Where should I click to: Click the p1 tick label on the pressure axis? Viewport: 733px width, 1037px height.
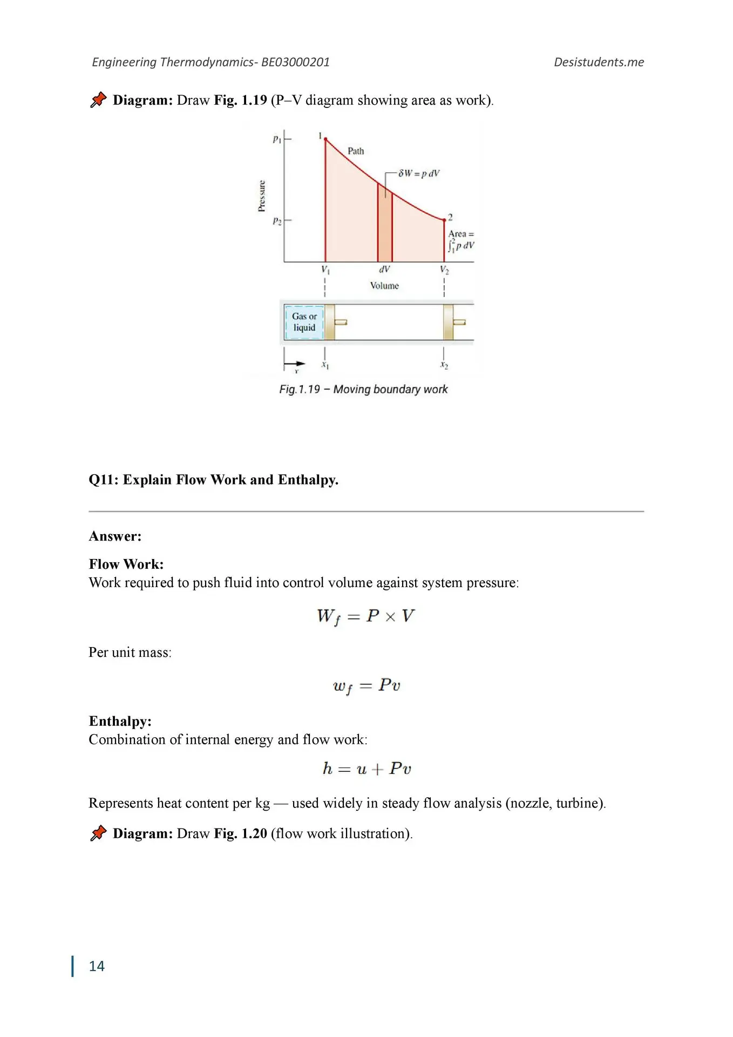pyautogui.click(x=276, y=139)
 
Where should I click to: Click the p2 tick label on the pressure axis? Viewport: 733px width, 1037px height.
pyautogui.click(x=276, y=221)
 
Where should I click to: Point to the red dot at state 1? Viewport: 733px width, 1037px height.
pyautogui.click(x=325, y=139)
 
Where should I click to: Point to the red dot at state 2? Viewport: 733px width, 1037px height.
pyautogui.click(x=444, y=220)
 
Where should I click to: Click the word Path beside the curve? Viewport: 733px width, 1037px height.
pyautogui.click(x=356, y=151)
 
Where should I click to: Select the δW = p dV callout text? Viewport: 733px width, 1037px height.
pyautogui.click(x=419, y=173)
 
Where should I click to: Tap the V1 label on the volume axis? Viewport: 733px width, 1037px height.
pyautogui.click(x=325, y=270)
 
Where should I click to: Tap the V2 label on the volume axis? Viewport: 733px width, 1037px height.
pyautogui.click(x=444, y=270)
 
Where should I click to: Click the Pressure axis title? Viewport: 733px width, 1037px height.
pyautogui.click(x=262, y=196)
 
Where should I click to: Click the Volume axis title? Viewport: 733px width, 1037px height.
pyautogui.click(x=384, y=286)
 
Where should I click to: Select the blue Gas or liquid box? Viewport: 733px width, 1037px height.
pyautogui.click(x=304, y=322)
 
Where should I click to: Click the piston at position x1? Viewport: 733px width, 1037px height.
pyautogui.click(x=330, y=322)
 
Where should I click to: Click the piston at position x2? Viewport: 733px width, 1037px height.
pyautogui.click(x=449, y=322)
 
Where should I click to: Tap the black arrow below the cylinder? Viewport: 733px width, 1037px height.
pyautogui.click(x=295, y=363)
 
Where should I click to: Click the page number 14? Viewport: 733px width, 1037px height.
pyautogui.click(x=97, y=966)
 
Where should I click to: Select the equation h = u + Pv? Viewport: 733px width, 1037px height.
pyautogui.click(x=366, y=768)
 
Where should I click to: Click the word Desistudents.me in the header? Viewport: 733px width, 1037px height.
pyautogui.click(x=599, y=62)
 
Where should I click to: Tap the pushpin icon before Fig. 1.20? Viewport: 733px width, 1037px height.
pyautogui.click(x=98, y=833)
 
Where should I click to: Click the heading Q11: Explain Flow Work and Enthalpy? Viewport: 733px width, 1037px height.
pyautogui.click(x=214, y=480)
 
